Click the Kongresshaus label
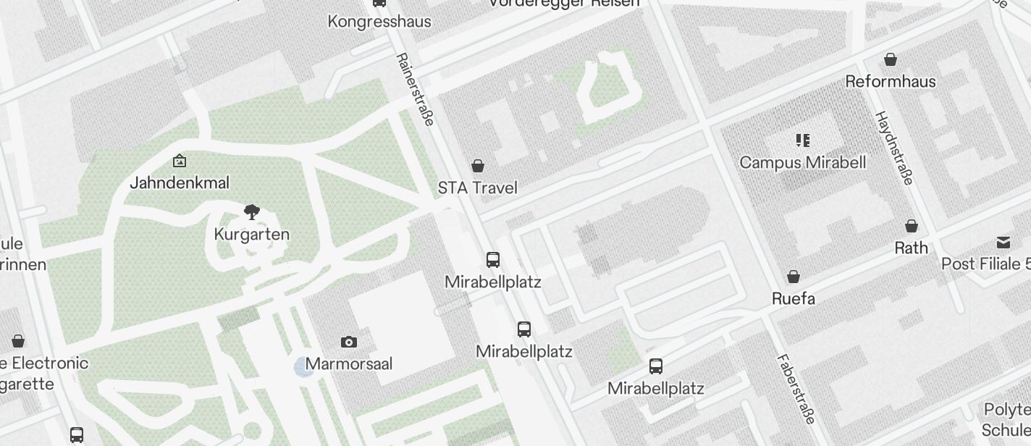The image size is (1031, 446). tap(379, 21)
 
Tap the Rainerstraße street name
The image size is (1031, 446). tap(415, 90)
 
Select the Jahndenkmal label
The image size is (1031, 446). tap(179, 182)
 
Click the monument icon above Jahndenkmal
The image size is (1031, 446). tap(179, 161)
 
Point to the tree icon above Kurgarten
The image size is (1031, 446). tap(251, 212)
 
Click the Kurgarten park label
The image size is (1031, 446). tap(251, 235)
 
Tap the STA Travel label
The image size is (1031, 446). tap(477, 188)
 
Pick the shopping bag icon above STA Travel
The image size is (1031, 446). tap(478, 166)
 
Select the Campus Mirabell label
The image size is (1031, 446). tap(802, 162)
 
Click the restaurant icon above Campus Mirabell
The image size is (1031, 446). tap(802, 140)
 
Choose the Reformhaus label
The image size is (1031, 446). tap(891, 81)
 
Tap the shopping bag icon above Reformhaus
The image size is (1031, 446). tap(891, 59)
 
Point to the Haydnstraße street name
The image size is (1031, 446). tap(894, 148)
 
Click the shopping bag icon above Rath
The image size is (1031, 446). tap(912, 226)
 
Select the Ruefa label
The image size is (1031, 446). tap(794, 298)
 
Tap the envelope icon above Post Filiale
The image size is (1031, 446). tap(1003, 242)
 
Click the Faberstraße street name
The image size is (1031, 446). tap(796, 388)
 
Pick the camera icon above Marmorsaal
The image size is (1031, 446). tap(349, 342)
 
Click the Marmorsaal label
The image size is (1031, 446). tap(349, 363)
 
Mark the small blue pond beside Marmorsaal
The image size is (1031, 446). tap(302, 367)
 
